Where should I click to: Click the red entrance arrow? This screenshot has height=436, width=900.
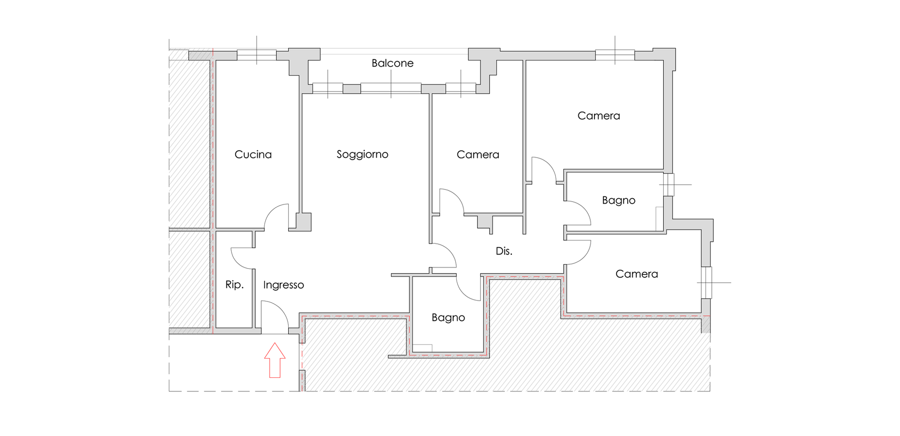point(275,360)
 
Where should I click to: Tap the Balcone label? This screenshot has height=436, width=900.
point(392,63)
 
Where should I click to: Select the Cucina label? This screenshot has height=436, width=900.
point(253,155)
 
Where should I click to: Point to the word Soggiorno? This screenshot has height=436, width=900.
point(362,155)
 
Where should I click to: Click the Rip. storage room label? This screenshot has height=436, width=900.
point(234,285)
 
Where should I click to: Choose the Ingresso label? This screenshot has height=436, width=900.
point(284,285)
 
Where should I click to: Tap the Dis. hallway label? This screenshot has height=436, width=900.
point(504,251)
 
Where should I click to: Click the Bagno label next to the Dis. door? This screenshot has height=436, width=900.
point(448,318)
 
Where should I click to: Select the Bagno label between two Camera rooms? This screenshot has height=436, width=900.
point(619,201)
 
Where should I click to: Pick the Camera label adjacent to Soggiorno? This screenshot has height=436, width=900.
point(478,155)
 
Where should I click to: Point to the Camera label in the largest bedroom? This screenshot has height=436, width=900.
point(599,116)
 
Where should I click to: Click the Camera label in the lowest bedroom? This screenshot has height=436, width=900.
point(637,274)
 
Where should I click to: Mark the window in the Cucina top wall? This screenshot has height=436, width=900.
point(256,55)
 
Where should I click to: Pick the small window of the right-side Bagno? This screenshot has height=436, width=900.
point(669,185)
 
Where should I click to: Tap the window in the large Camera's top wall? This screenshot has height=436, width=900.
point(615,55)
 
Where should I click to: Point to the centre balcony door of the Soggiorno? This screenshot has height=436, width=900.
point(391,88)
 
